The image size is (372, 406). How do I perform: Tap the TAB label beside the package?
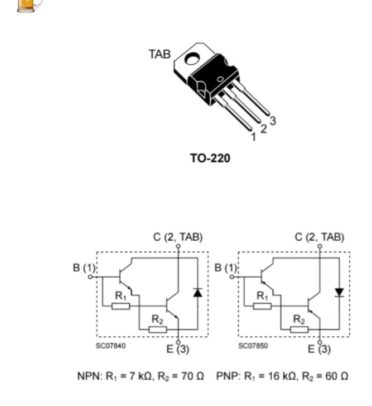[x=160, y=54]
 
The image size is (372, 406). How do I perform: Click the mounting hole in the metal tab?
[x=194, y=58]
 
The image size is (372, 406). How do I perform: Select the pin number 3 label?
[x=273, y=120]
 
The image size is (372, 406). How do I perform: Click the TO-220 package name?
[x=210, y=158]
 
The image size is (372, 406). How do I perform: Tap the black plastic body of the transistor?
[x=212, y=81]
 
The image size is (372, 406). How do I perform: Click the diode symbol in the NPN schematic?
[x=197, y=292]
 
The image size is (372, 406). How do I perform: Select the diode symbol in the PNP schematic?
[x=339, y=292]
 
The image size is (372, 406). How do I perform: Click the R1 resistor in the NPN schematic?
[x=121, y=306]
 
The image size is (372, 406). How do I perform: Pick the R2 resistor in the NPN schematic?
[x=158, y=329]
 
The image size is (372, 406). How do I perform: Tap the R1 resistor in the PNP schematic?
[x=263, y=306]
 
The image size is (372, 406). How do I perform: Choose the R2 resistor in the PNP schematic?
[x=299, y=329]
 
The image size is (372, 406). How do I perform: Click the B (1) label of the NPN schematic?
[x=84, y=268]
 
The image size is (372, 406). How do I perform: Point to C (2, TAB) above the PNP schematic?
[x=320, y=237]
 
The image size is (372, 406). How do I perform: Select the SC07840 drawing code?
[x=111, y=346]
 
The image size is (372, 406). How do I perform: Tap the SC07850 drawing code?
[x=253, y=346]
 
